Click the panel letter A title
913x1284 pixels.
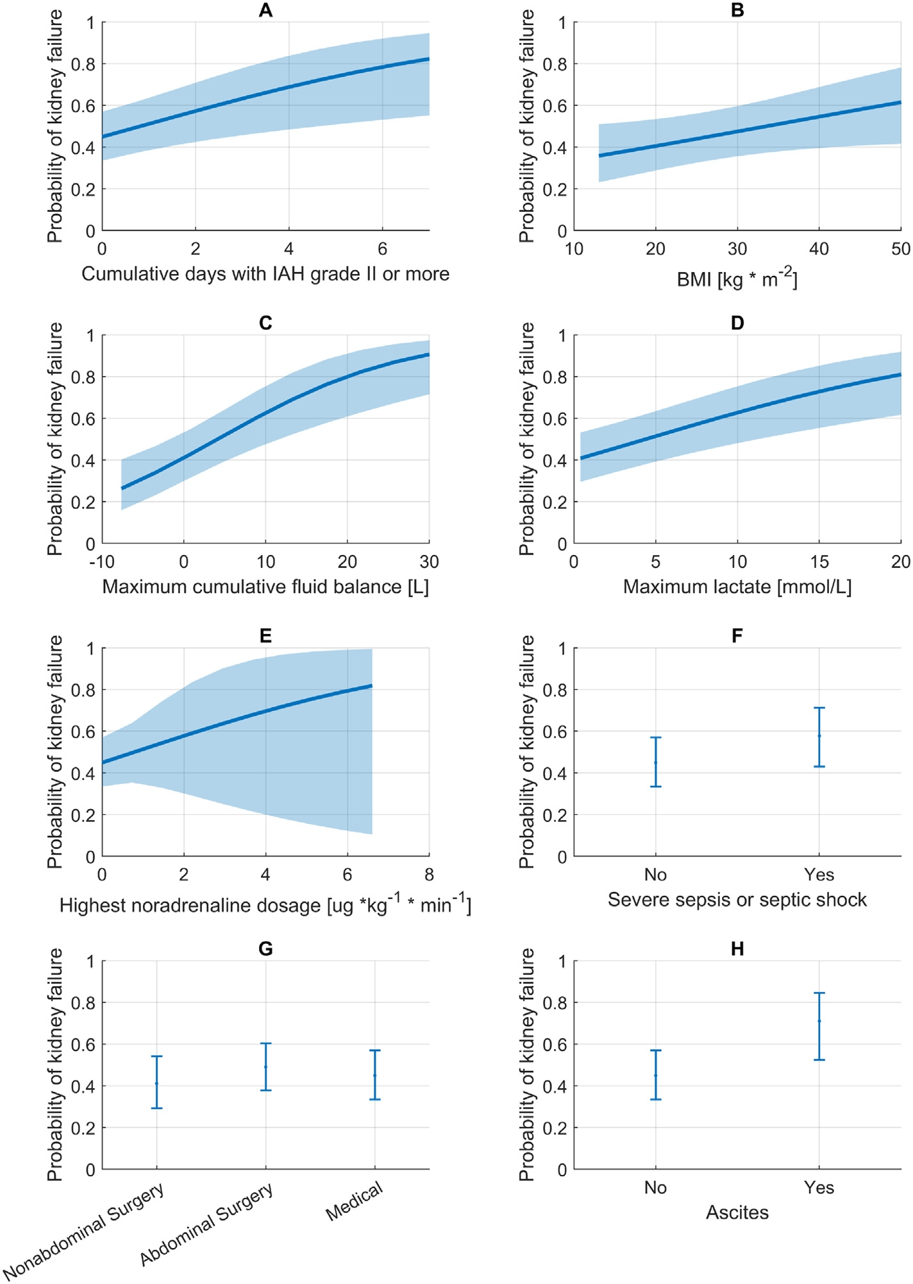click(x=265, y=10)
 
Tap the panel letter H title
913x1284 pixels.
click(x=737, y=949)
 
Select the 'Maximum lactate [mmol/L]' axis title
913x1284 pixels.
click(x=737, y=586)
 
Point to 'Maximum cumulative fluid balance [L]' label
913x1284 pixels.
click(x=265, y=586)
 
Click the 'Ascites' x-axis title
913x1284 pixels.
click(x=737, y=1212)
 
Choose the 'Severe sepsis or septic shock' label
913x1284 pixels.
click(x=737, y=900)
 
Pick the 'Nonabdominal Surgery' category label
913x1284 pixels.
click(x=83, y=1232)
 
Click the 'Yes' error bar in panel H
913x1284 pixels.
click(x=819, y=1026)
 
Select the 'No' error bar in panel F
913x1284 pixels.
click(x=655, y=762)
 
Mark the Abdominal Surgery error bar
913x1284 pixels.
click(x=265, y=1066)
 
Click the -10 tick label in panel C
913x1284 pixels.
click(x=102, y=561)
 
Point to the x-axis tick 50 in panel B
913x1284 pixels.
click(x=900, y=249)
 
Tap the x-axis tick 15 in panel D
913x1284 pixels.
click(x=819, y=561)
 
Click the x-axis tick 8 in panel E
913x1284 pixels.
click(x=429, y=875)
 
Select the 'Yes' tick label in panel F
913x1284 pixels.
click(x=819, y=875)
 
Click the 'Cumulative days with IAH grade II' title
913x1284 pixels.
click(x=265, y=274)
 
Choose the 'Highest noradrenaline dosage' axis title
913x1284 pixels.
click(x=265, y=905)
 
